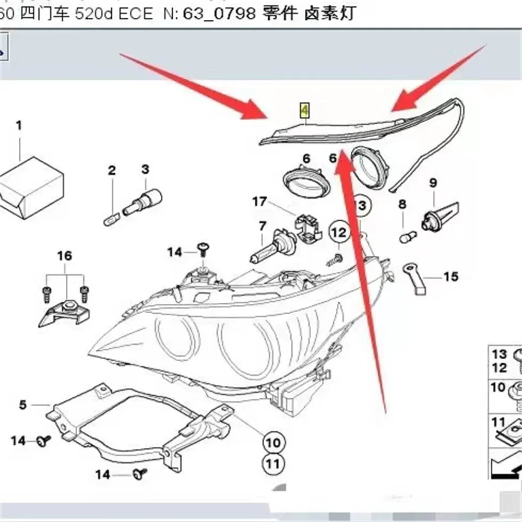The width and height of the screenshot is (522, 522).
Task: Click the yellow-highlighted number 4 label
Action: (x=304, y=110)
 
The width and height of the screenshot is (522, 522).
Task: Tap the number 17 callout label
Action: (x=259, y=201)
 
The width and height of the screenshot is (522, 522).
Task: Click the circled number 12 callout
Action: (x=339, y=231)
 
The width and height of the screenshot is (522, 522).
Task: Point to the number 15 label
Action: (x=450, y=276)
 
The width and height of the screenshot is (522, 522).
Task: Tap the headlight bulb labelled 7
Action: (x=272, y=248)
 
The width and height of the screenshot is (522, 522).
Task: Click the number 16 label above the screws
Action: (x=64, y=256)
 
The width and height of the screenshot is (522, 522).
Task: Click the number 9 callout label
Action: (x=432, y=183)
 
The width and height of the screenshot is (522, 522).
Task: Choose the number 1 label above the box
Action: (x=19, y=125)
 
